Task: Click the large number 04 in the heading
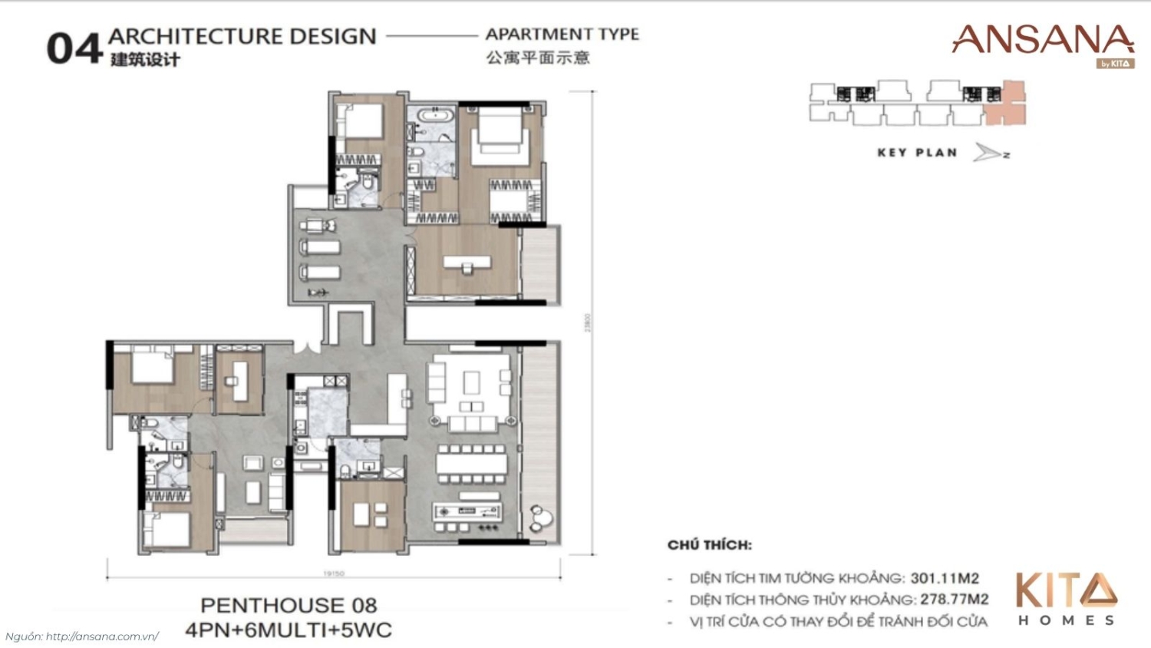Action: [74, 48]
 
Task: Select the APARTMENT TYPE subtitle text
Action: [562, 35]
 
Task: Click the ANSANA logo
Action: [1042, 41]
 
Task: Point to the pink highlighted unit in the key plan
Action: [1004, 103]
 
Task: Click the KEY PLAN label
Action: [917, 153]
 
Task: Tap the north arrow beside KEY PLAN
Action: [991, 153]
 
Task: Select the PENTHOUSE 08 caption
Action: [289, 605]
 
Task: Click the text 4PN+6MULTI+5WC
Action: [289, 630]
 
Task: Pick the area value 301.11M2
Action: [944, 578]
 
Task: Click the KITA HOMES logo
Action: [1066, 599]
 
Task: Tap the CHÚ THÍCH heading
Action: [709, 545]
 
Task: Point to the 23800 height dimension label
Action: [588, 322]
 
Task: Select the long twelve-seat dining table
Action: [472, 464]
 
